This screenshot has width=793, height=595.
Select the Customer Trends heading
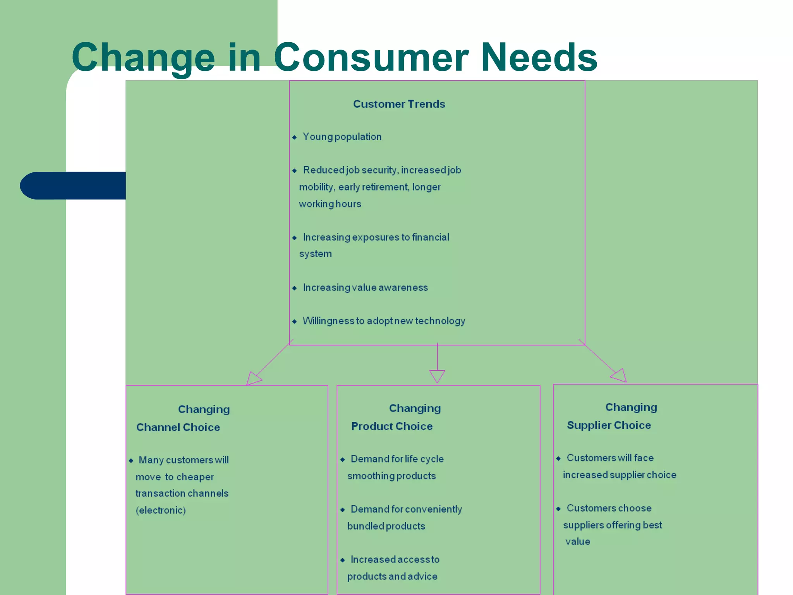click(399, 104)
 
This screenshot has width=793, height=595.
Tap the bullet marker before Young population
click(295, 137)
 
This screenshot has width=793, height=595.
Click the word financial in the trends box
click(430, 237)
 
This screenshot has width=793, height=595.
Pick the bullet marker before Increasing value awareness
click(295, 288)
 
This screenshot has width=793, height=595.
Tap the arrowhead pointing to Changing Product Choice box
click(437, 376)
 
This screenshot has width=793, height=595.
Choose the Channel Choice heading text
click(178, 427)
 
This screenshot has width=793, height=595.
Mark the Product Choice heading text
click(391, 426)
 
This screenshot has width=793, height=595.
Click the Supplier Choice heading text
click(609, 425)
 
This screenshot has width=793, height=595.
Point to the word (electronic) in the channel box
click(161, 510)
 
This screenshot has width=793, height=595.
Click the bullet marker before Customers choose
click(558, 509)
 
